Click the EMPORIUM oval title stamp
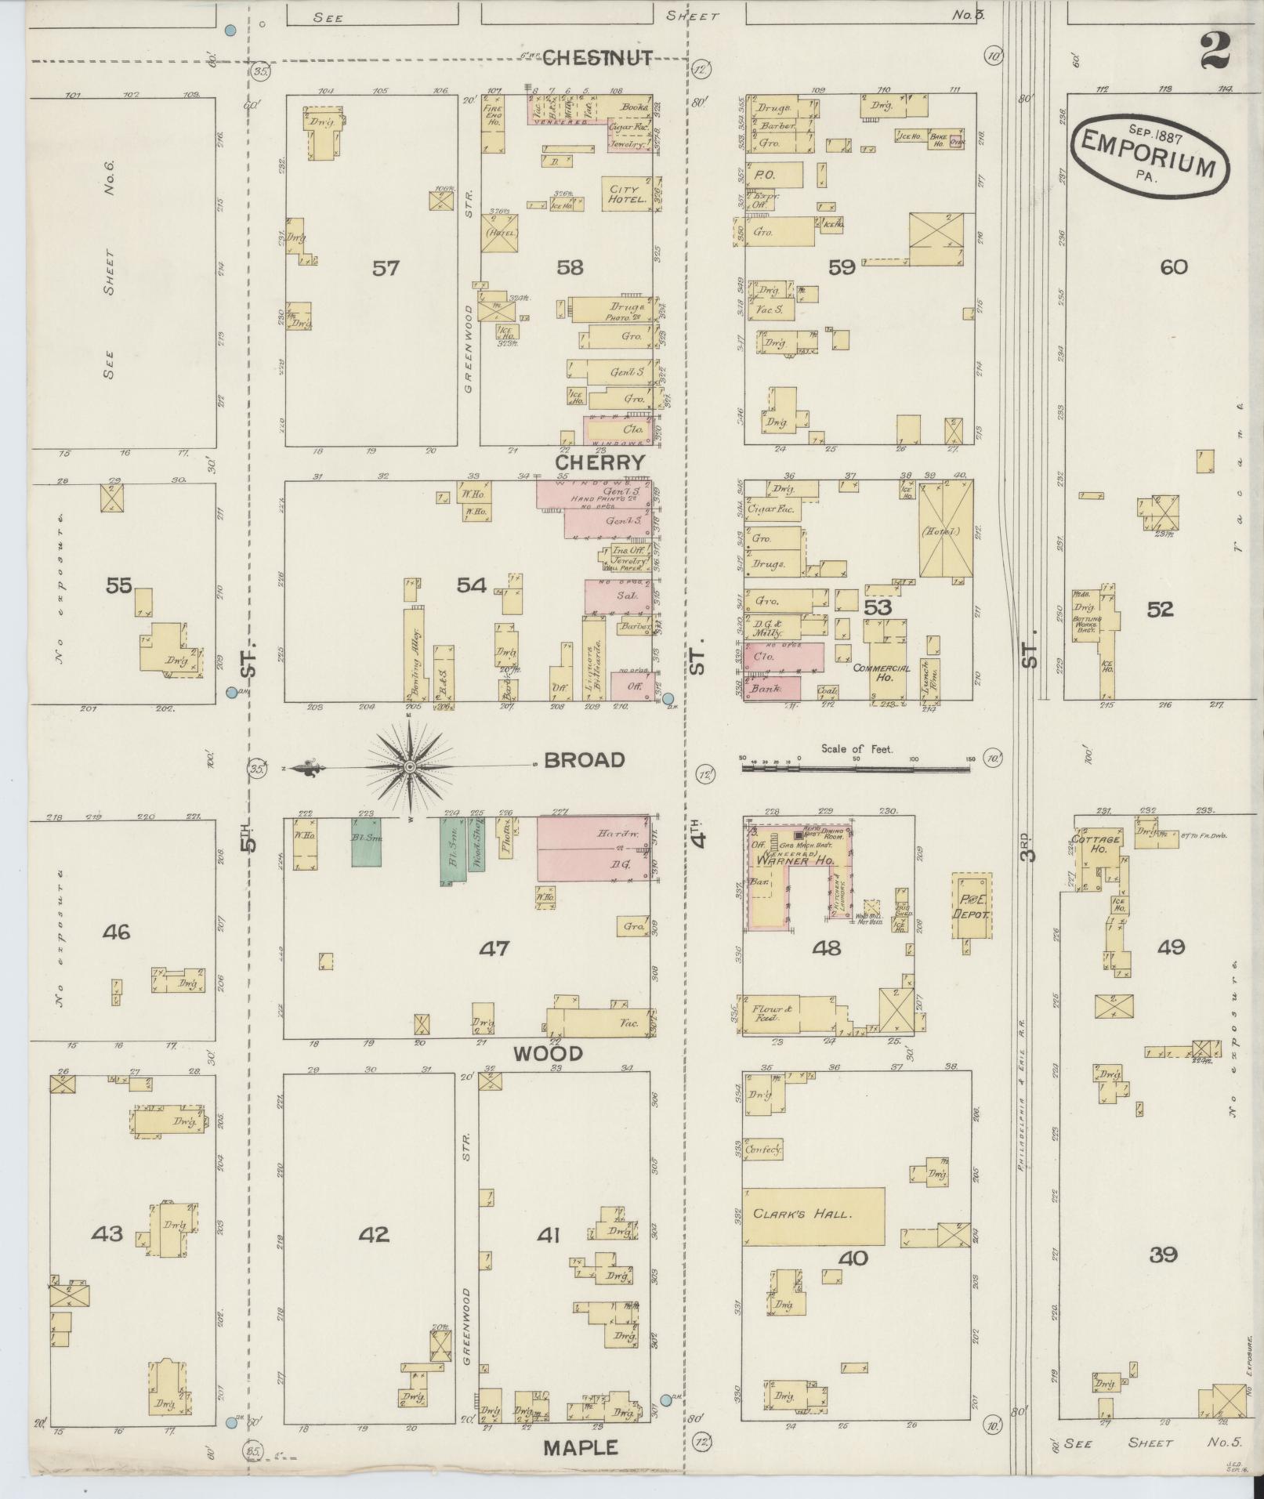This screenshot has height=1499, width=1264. tap(1149, 154)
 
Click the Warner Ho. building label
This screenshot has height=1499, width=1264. tap(777, 861)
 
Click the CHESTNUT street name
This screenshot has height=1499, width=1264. tap(597, 57)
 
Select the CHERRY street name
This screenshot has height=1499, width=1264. tap(600, 462)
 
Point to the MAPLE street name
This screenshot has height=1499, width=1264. tap(581, 1447)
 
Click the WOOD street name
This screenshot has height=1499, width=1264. tap(549, 1053)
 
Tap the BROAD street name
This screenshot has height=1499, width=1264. tap(584, 760)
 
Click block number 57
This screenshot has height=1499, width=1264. tap(386, 268)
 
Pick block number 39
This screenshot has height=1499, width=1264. tap(1163, 1255)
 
